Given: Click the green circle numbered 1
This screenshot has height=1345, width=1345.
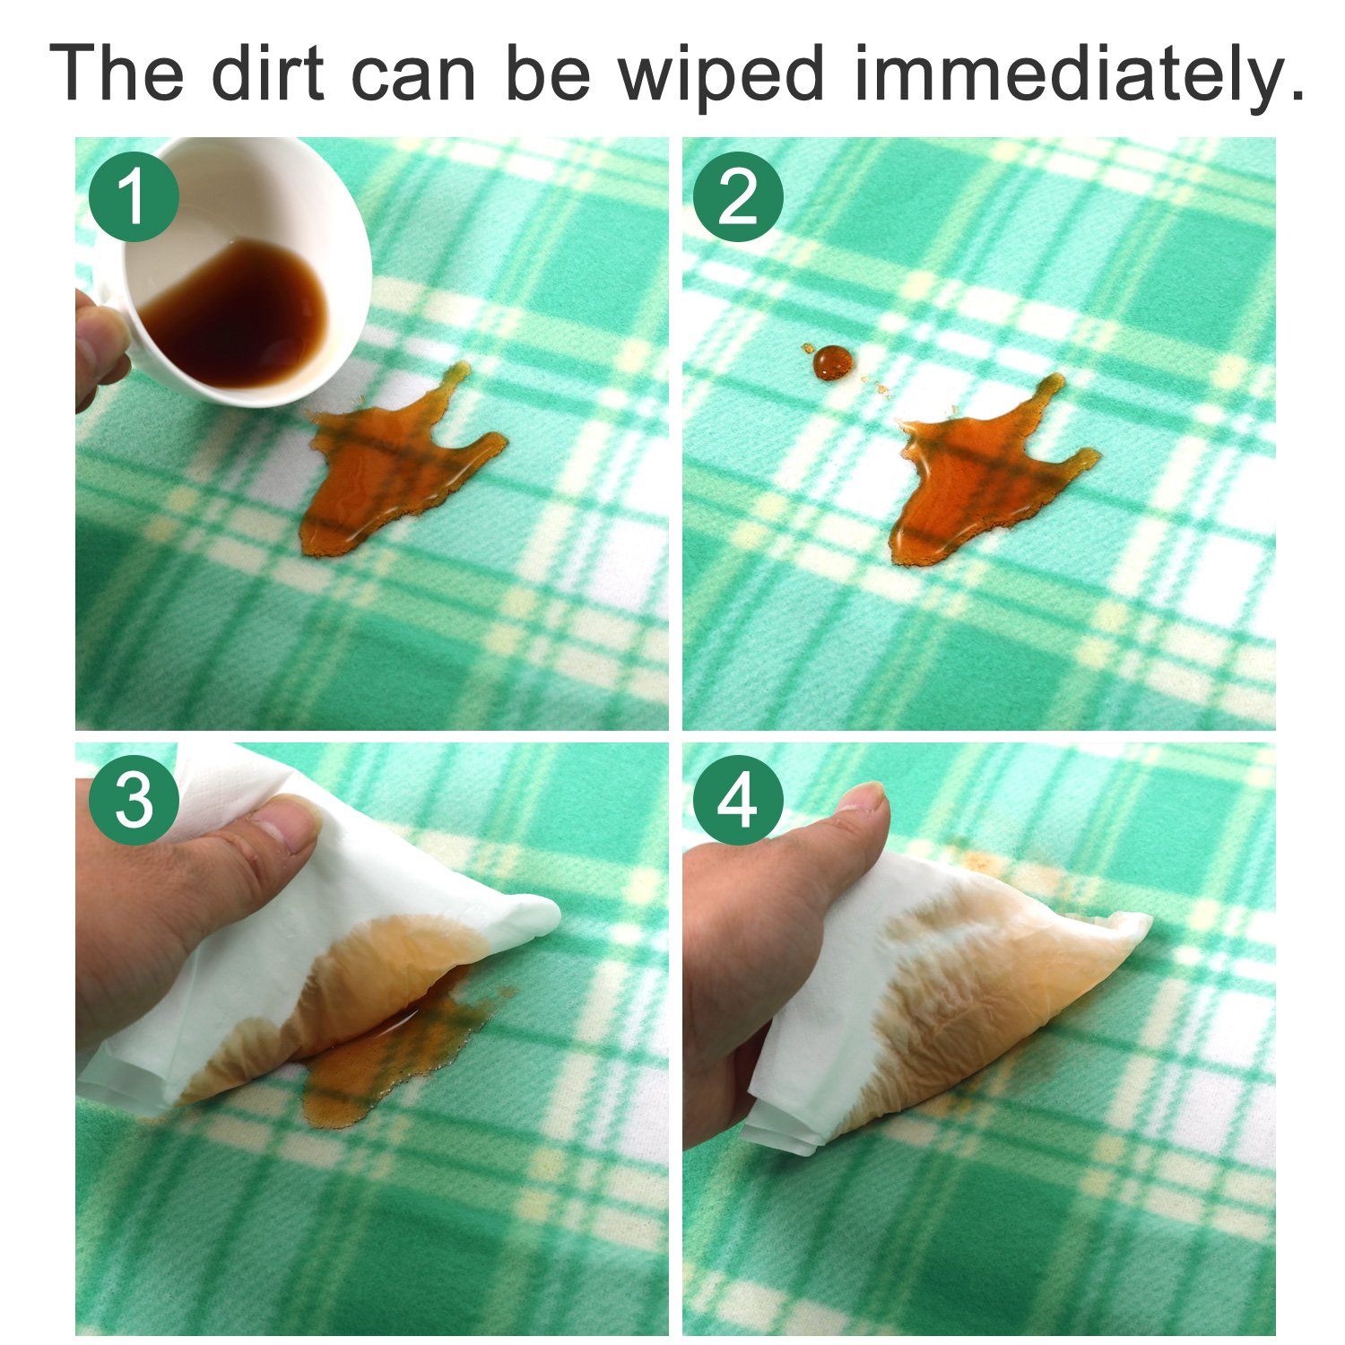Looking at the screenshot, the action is point(134,196).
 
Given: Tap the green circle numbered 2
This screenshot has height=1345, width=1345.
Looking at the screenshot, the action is point(738,196).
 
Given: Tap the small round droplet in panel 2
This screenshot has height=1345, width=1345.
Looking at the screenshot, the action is point(833,361).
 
